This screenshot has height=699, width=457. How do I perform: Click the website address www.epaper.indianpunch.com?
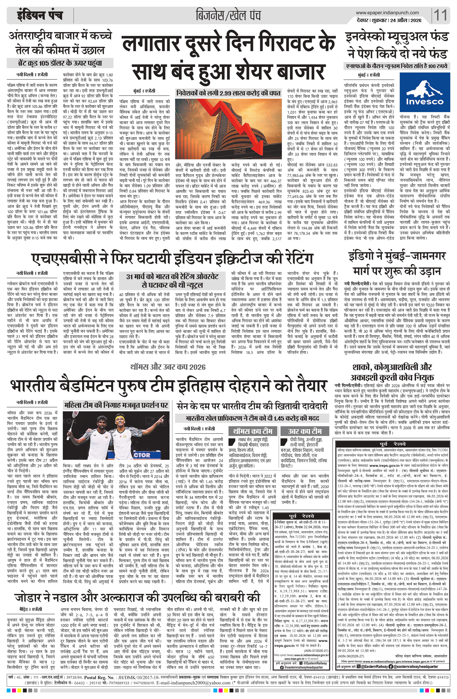387,13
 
